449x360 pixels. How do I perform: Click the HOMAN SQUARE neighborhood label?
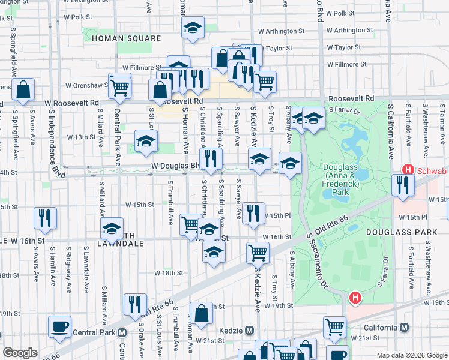[x=127, y=38]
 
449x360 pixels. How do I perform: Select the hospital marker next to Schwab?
[x=407, y=170]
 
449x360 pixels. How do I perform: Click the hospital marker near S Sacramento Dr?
[x=356, y=297]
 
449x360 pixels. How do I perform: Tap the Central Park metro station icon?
[x=122, y=332]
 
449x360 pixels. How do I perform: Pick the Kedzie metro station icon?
[x=250, y=331]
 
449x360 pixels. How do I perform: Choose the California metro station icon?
[x=405, y=327]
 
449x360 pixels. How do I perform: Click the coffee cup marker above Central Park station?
[x=59, y=326]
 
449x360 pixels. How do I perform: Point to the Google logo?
[x=20, y=353]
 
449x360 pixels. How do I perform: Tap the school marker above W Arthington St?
[x=193, y=28]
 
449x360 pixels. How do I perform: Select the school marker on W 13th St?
[x=146, y=141]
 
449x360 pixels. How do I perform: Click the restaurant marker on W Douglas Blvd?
[x=211, y=159]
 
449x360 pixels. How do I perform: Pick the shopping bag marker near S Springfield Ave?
[x=22, y=90]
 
